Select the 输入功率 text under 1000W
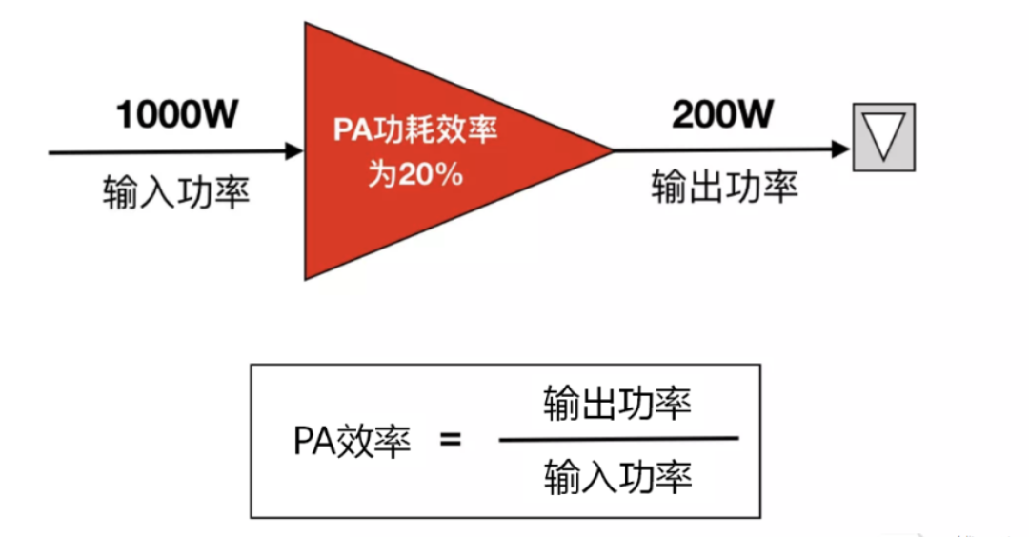coord(176,193)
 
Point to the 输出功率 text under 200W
coord(723,187)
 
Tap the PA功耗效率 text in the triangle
coord(415,129)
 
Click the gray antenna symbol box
coord(883,137)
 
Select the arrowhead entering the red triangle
coord(293,150)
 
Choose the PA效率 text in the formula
coord(352,442)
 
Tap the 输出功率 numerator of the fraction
coord(617,404)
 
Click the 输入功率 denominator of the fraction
coord(617,476)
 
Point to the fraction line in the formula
coord(617,439)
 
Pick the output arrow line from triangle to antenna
coord(724,149)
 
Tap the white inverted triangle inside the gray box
coord(883,135)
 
